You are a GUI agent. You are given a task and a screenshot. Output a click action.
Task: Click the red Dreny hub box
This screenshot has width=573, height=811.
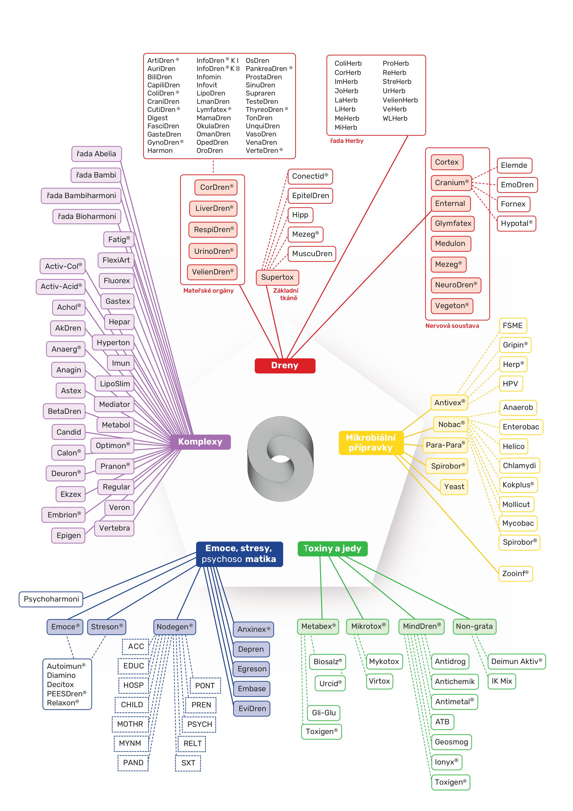tap(285, 366)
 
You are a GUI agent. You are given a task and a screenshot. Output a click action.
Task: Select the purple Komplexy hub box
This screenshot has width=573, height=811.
tap(200, 442)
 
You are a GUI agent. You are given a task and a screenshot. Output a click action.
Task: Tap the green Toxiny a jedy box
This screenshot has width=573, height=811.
tap(332, 549)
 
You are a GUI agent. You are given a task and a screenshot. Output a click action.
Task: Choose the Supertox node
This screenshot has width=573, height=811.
tap(277, 277)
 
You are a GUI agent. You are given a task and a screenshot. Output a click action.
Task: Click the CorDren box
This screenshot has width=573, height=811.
tap(216, 187)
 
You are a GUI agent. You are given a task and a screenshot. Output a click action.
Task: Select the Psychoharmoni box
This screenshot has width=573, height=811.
tap(51, 599)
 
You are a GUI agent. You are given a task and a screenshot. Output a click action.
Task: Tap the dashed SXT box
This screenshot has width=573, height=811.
tap(188, 763)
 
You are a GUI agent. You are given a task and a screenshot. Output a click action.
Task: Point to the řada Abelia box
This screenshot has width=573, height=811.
tap(96, 154)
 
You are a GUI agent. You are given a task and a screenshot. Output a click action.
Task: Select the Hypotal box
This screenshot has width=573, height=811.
tap(516, 224)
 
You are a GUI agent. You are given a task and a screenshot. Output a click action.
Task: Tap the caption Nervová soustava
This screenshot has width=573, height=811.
tap(452, 326)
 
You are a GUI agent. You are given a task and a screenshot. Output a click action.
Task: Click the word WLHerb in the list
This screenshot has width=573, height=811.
tap(395, 119)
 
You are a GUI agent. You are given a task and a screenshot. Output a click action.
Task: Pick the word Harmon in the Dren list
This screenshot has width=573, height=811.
tap(160, 151)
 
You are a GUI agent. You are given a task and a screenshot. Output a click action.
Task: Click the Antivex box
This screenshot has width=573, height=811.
tap(449, 403)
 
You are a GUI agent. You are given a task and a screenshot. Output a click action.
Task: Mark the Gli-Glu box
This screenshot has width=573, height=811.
tap(324, 713)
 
